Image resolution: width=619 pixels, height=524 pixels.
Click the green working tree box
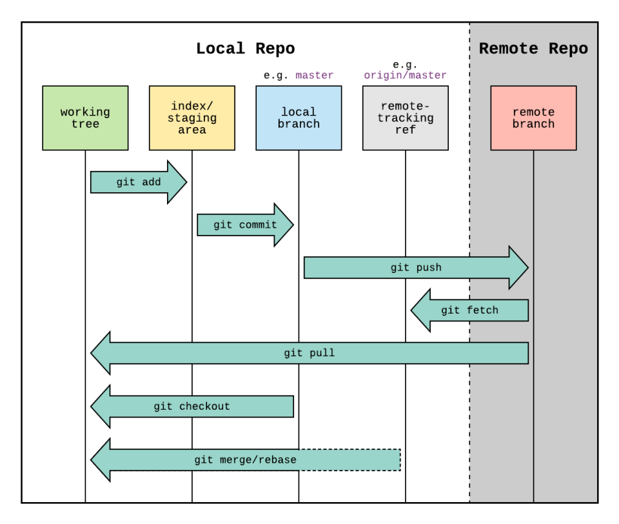[85, 118]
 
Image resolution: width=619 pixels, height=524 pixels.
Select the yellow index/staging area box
[192, 118]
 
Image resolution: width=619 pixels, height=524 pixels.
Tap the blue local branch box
[299, 118]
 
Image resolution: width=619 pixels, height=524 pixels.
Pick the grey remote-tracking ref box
[405, 118]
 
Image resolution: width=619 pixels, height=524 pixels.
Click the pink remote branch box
[533, 118]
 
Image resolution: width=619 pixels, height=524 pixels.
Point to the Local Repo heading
[245, 49]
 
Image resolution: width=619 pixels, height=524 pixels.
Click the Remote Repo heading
[533, 49]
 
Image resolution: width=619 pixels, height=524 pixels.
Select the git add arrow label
[139, 183]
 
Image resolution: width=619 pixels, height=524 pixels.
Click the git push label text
[416, 267]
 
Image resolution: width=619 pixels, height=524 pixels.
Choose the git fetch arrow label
[469, 310]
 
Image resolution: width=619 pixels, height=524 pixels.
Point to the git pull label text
[309, 353]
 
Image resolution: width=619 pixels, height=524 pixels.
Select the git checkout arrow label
[192, 407]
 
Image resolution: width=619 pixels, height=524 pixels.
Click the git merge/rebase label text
[245, 460]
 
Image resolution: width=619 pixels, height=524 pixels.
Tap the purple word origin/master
[405, 76]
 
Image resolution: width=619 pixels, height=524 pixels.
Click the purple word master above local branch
[314, 76]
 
